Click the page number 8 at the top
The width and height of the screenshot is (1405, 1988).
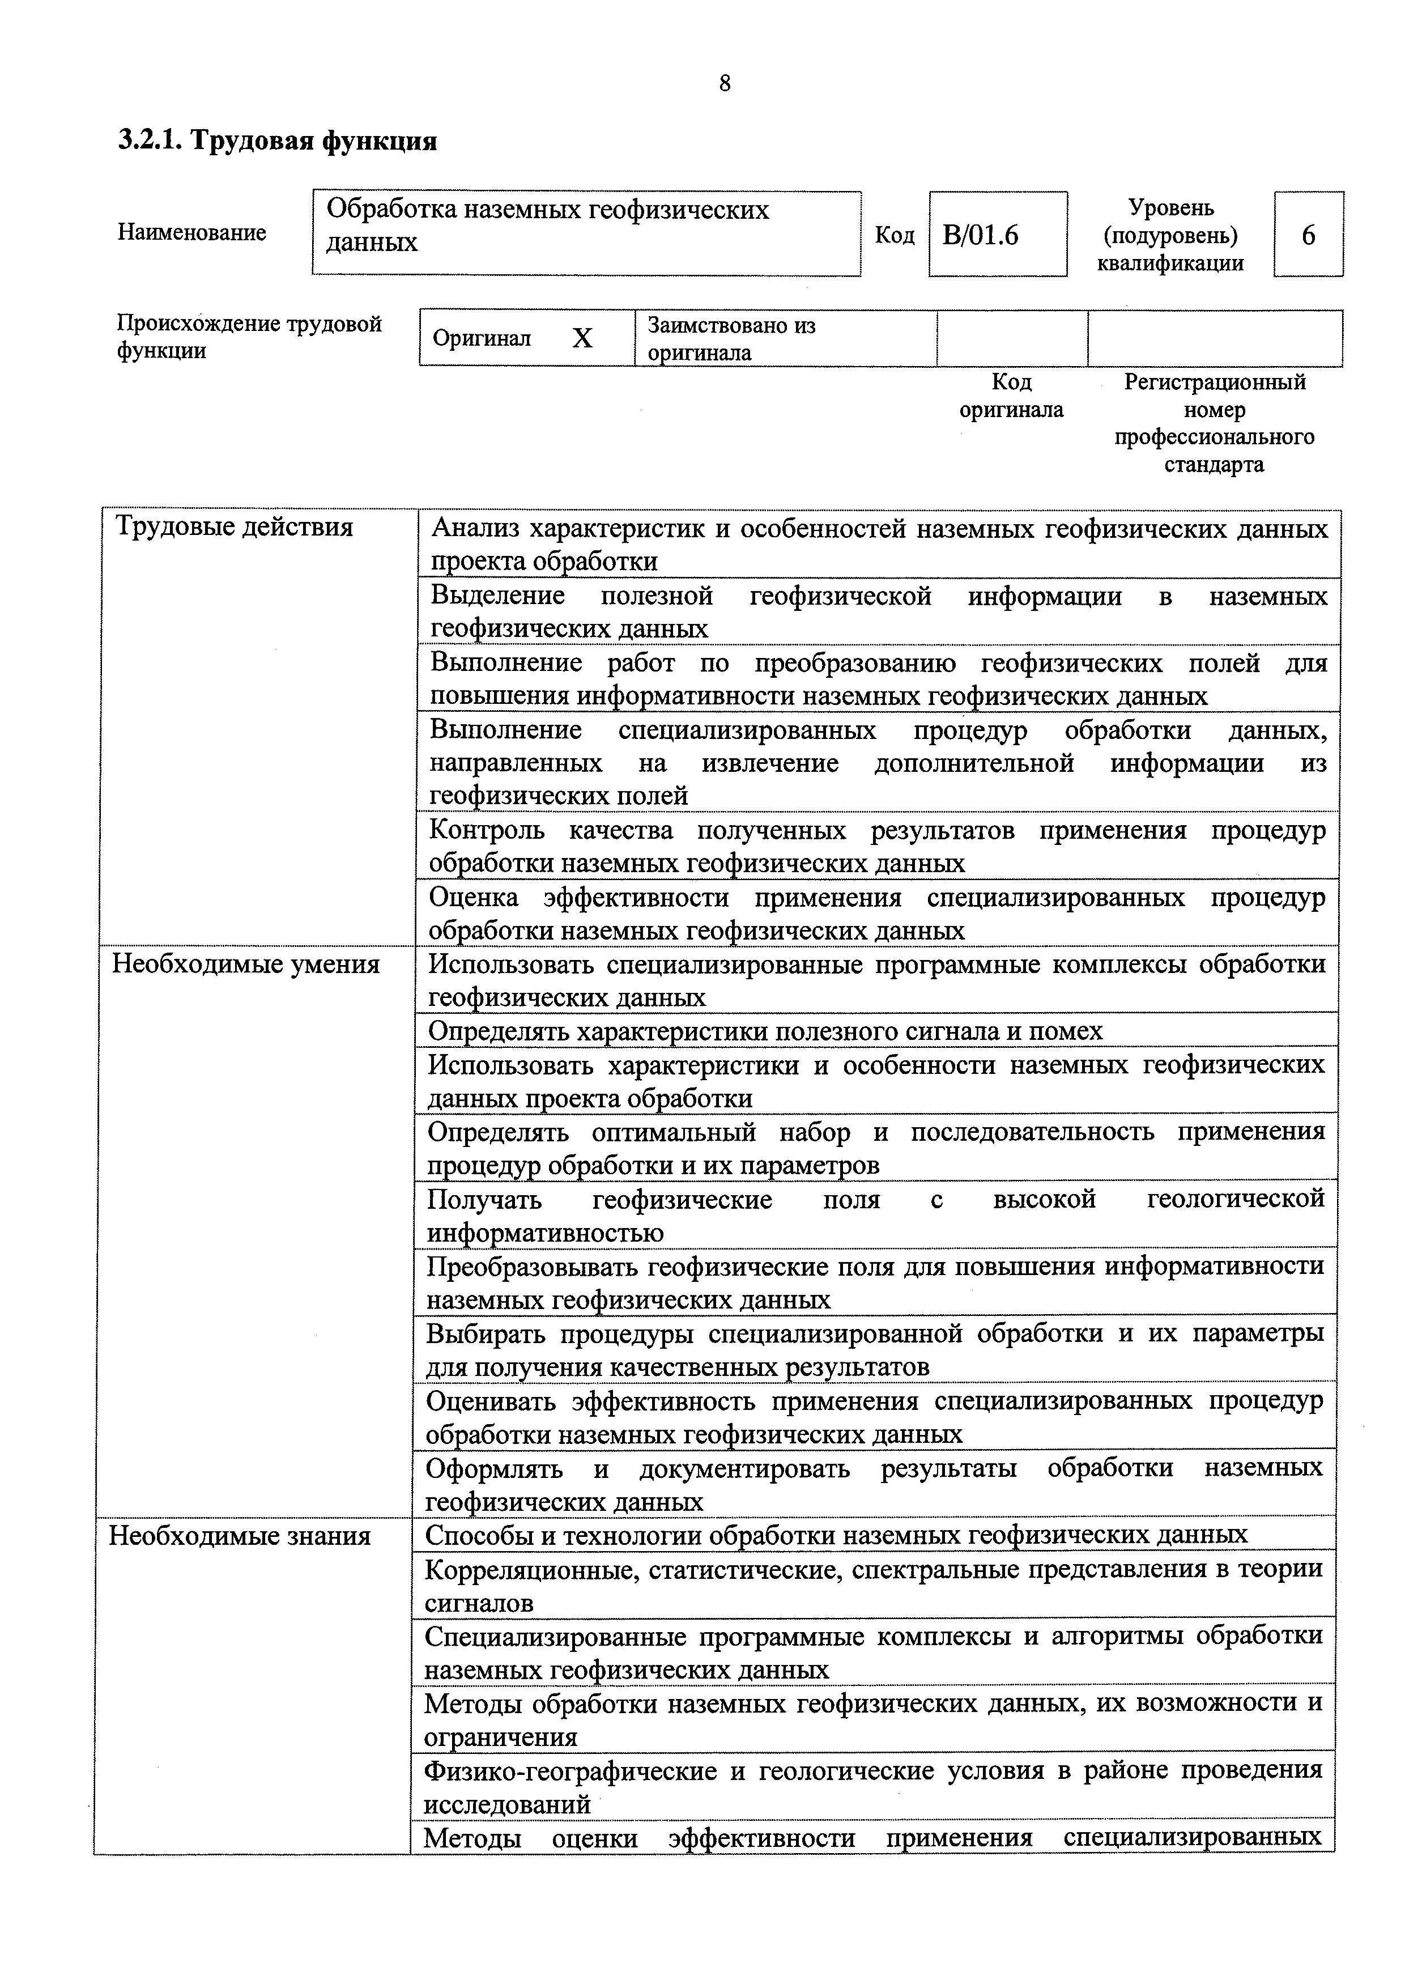coord(725,83)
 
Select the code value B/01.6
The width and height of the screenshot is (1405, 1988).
coord(980,236)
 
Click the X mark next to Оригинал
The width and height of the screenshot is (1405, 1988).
coord(582,338)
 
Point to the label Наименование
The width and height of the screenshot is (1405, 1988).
coord(192,233)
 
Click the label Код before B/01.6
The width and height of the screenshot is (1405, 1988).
coord(894,236)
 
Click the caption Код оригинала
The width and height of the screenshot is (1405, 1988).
coord(1011,396)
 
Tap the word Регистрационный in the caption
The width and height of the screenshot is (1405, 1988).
coord(1215,382)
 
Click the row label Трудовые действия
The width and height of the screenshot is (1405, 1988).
coord(235,527)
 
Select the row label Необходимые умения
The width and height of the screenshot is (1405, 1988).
coord(246,965)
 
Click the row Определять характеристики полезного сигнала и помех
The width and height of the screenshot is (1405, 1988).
coord(765,1031)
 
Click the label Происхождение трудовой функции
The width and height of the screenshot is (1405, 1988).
coord(249,337)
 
